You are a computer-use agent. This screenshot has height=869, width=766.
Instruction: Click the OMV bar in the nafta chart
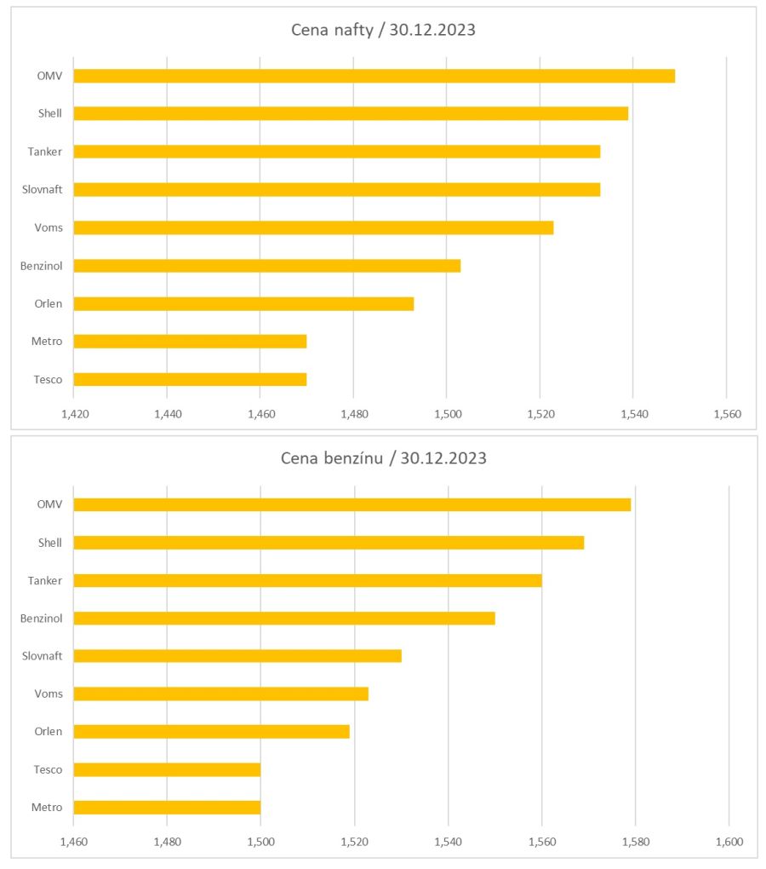point(374,76)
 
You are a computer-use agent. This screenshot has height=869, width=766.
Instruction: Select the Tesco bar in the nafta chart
point(190,379)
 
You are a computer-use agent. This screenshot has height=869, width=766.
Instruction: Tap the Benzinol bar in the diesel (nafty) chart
point(266,266)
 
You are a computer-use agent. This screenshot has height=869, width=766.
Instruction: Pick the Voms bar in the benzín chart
point(220,693)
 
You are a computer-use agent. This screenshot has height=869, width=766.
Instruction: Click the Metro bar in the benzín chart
point(167,808)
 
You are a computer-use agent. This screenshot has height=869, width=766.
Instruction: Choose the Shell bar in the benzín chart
point(329,543)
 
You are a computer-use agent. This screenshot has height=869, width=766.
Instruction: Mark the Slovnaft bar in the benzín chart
point(237,656)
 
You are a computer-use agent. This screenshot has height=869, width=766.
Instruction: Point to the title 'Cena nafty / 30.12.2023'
point(383,30)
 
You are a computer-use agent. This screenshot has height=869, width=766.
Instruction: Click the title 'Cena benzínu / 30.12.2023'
point(383,458)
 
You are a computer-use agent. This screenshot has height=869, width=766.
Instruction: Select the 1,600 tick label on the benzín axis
point(729,842)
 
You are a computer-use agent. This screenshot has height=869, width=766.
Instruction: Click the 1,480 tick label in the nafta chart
point(354,414)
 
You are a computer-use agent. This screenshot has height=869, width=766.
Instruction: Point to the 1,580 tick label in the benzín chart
point(636,842)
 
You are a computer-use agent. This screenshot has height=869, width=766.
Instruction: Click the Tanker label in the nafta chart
point(45,152)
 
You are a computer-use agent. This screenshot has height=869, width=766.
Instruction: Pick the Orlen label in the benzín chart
point(49,732)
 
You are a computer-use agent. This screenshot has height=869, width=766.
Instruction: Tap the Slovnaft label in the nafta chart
point(43,189)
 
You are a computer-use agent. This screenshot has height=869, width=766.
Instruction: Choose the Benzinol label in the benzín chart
point(42,618)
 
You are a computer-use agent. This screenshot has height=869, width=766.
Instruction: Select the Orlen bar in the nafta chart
point(243,303)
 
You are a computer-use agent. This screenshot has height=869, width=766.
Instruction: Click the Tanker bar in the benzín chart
point(307,580)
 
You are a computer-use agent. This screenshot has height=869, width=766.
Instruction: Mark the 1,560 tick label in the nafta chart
point(726,414)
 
